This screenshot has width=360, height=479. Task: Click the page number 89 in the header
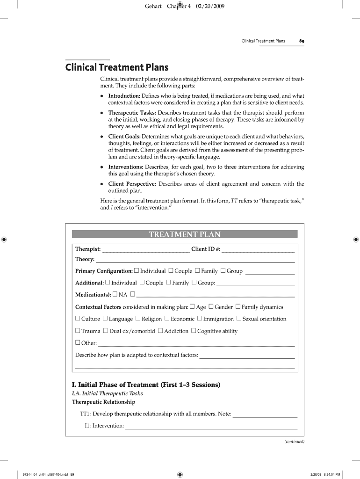pos(302,41)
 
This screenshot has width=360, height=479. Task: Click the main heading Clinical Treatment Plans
pos(116,67)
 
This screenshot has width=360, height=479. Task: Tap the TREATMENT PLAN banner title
pos(185,234)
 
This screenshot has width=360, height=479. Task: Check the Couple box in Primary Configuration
pos(171,270)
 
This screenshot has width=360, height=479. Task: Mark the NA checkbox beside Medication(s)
pos(115,294)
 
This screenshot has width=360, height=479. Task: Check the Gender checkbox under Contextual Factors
pos(211,307)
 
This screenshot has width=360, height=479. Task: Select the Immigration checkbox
pos(200,319)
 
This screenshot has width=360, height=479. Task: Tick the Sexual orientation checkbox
pos(239,319)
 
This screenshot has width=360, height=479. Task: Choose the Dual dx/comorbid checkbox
pos(106,331)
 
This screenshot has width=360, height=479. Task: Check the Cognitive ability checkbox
pos(194,331)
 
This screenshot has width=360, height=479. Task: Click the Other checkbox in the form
pos(78,343)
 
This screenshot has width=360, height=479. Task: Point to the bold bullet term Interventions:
pos(126,167)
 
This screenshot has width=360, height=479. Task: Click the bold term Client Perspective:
pos(132,184)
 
